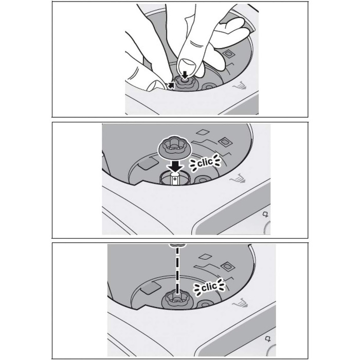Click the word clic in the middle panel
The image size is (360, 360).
pos(205,163)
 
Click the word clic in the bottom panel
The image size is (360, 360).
pos(209,287)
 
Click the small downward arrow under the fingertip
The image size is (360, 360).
pos(185,75)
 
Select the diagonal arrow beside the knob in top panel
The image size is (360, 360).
pos(171,85)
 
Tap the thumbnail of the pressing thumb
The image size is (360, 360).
pos(188,65)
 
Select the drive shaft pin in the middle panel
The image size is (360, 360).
pos(175,179)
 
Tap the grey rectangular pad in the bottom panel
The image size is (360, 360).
pos(150,287)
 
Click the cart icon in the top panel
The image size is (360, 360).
pos(240,86)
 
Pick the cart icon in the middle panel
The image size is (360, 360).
pos(238,178)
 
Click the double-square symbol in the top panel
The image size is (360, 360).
pos(228,54)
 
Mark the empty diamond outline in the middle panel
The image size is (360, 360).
pos(203,132)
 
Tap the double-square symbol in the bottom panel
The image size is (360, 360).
pos(228,266)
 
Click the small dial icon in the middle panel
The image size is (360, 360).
pos(266,215)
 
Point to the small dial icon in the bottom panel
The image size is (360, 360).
pos(268,339)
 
